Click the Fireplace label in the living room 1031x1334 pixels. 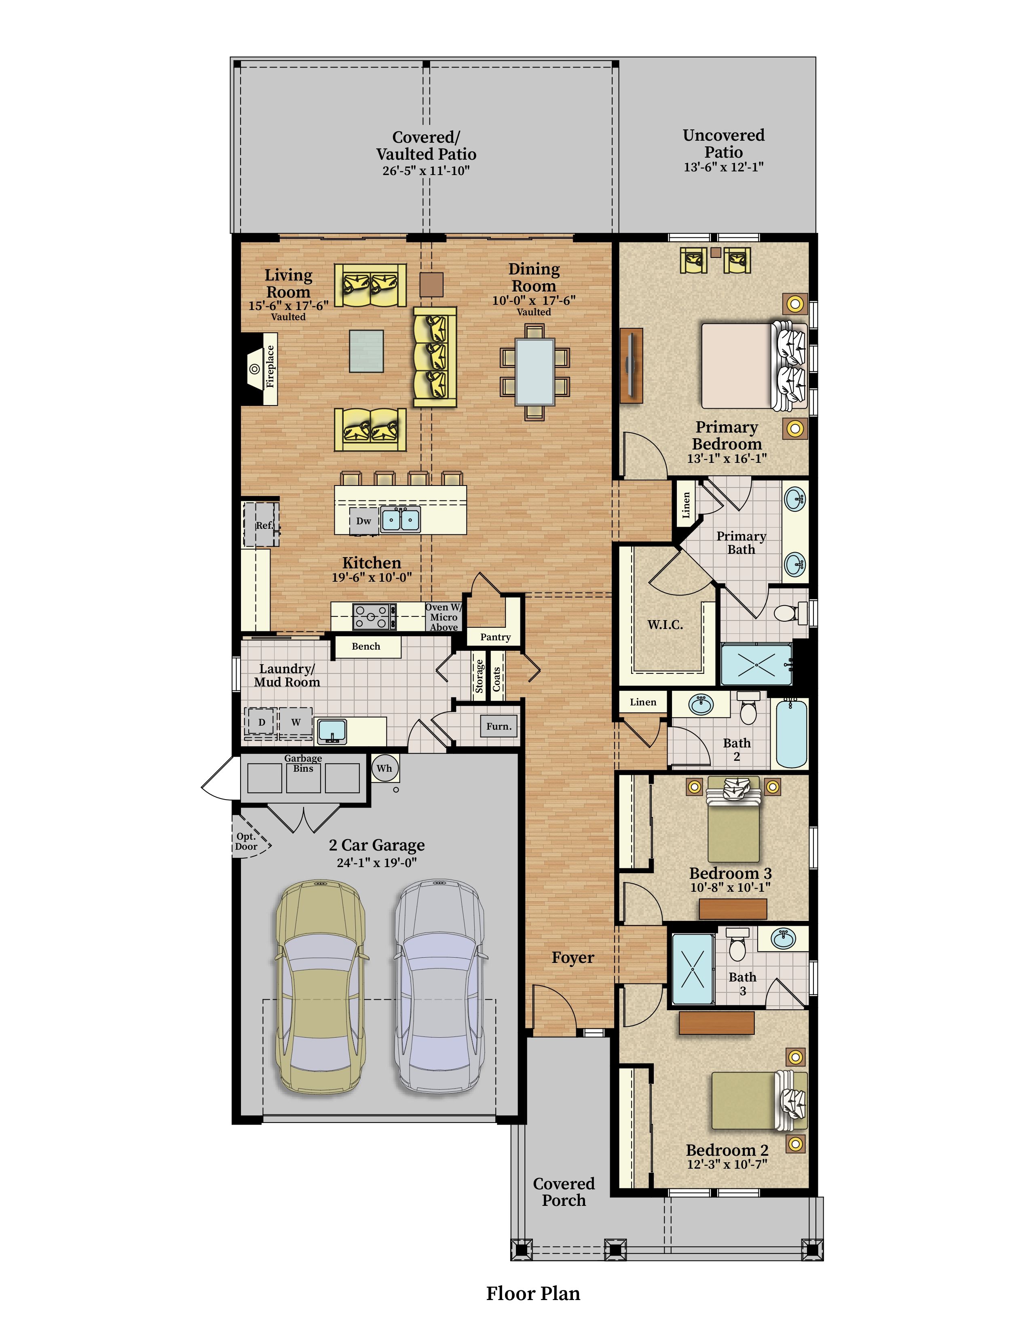point(270,367)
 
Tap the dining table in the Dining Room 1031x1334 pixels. point(535,371)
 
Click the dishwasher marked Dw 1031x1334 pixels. point(364,521)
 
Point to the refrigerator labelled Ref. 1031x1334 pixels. point(262,525)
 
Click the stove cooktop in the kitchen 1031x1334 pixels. point(374,616)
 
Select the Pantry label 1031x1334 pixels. point(495,637)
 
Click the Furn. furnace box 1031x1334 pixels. point(499,726)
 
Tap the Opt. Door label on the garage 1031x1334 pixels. point(246,841)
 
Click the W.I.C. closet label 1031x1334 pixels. point(665,625)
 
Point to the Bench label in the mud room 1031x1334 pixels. point(366,646)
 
